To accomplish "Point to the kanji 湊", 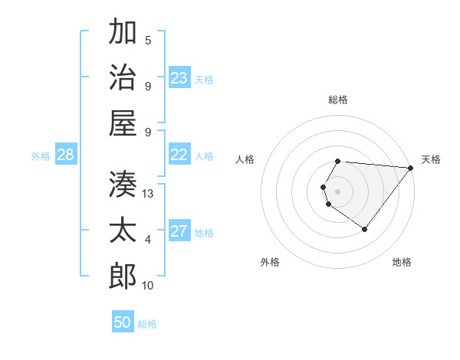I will click(x=123, y=182).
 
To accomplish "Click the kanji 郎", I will click(x=123, y=275).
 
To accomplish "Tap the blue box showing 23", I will click(x=179, y=77).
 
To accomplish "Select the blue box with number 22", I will click(x=179, y=155).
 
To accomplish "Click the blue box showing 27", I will click(x=179, y=231).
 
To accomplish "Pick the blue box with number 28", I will click(x=66, y=155).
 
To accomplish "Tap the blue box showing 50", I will click(x=123, y=322).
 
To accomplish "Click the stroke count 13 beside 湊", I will click(x=149, y=194).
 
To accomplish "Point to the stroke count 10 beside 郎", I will click(x=149, y=286).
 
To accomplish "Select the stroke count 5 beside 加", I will click(x=148, y=41).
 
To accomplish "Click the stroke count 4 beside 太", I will click(x=148, y=240).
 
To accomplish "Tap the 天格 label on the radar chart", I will click(x=431, y=159).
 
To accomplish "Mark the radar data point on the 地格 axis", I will click(x=365, y=229).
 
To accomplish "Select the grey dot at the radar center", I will click(x=337, y=190).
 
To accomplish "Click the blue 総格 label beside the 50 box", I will click(x=147, y=324).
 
